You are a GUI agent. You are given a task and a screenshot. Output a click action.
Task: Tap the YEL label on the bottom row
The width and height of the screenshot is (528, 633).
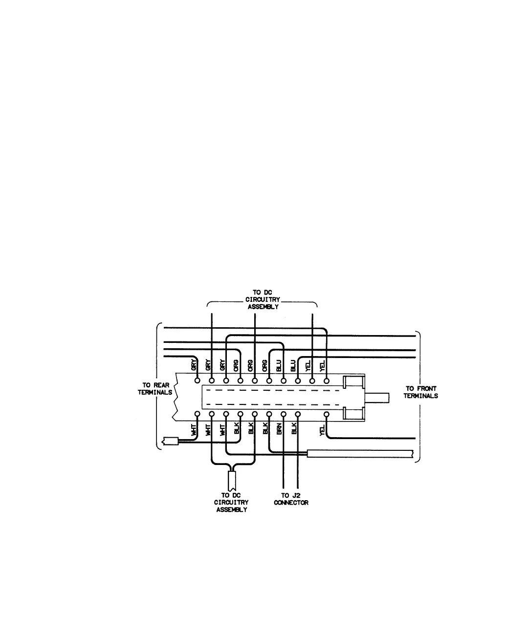pos(322,430)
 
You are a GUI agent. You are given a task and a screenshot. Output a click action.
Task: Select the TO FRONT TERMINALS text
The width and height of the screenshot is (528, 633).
pos(420,392)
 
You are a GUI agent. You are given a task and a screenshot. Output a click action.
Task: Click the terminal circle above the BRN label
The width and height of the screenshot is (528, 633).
pos(283,414)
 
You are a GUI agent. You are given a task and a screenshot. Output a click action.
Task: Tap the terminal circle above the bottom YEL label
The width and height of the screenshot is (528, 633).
pos(327,414)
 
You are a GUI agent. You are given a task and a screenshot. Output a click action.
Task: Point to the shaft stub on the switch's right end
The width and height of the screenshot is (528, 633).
pos(379,398)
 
